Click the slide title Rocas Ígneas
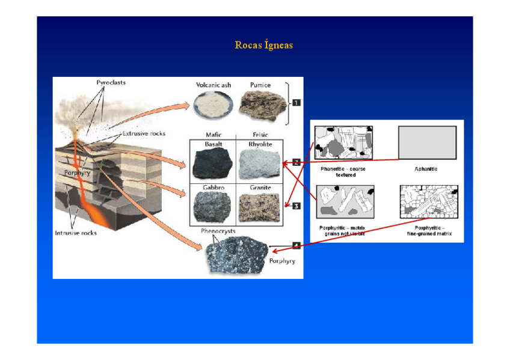[x=263, y=45]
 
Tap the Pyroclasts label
[x=111, y=82]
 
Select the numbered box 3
[x=296, y=207]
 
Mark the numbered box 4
[x=296, y=245]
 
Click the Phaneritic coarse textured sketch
[x=344, y=142]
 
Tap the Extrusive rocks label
[x=144, y=133]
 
